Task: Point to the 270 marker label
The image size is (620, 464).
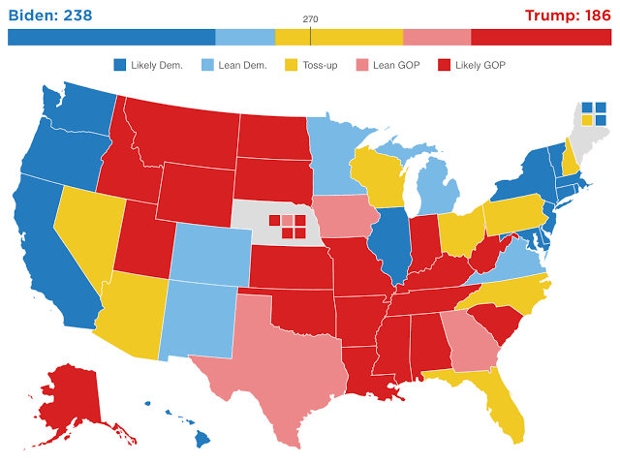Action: coord(310,19)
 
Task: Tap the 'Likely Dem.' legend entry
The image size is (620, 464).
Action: coord(151,65)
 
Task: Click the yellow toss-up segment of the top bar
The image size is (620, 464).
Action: coord(338,37)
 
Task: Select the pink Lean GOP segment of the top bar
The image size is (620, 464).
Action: coord(436,37)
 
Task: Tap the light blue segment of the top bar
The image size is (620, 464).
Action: coord(244,37)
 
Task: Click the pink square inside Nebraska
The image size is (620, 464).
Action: coord(287,220)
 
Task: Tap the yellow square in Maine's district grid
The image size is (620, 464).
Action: coord(587,121)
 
